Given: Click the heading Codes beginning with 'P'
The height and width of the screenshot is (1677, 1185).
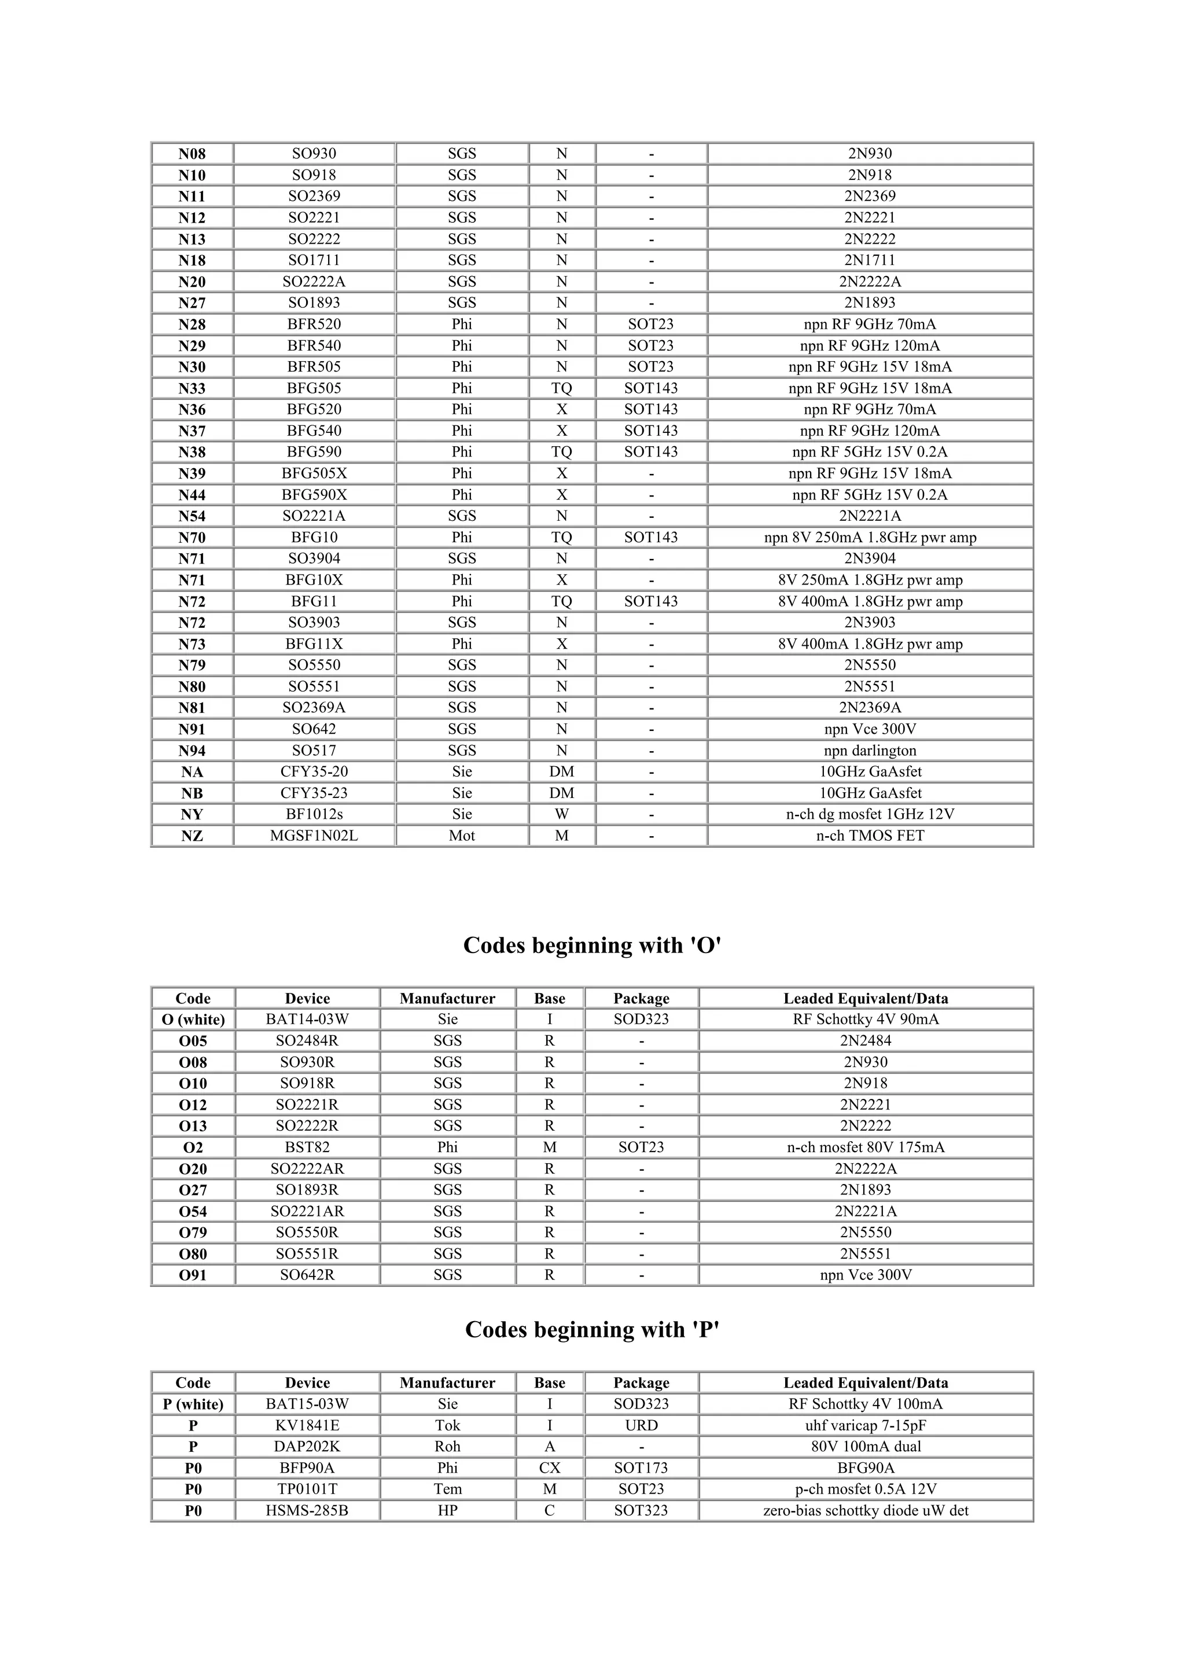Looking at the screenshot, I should point(592,1329).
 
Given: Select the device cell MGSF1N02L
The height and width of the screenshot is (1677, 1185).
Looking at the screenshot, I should point(314,836).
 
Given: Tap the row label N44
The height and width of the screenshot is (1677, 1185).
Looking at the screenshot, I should point(192,495).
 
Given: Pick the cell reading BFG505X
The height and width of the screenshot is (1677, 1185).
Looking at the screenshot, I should point(314,473).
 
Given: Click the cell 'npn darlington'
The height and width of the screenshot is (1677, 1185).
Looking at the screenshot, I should point(870,750).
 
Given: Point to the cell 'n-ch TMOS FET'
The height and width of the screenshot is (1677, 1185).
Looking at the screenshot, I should point(870,836).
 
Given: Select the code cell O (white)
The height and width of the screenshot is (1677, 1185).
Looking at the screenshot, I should point(193,1020).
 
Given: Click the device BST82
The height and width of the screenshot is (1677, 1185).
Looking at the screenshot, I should point(307,1148).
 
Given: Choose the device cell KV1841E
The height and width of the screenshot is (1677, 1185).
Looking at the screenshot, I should point(307,1425).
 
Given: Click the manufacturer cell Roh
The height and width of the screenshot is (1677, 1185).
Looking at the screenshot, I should point(448,1446).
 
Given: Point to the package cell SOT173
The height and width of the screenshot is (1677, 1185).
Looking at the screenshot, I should point(641,1468).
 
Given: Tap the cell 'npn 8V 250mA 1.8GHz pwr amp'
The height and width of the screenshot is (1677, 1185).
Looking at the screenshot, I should point(870,538).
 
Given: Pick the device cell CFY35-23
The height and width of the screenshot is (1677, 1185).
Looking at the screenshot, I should point(314,793).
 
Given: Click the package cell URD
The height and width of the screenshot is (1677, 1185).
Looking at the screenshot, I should point(641,1425).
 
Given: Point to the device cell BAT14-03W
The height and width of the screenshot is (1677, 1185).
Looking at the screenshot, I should point(307,1020).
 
